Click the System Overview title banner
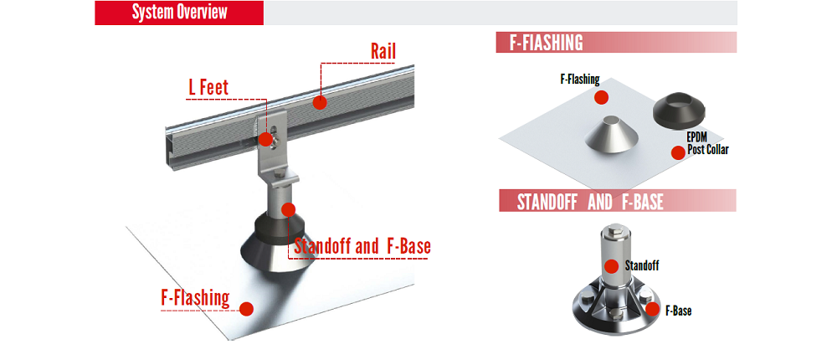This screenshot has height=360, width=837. coord(179,13)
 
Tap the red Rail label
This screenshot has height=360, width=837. coord(383,53)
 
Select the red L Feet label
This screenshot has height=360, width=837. coord(208,88)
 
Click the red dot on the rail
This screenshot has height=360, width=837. coord(319,102)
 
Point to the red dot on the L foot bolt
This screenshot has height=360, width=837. coord(266,140)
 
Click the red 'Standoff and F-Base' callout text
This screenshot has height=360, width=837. coord(362,247)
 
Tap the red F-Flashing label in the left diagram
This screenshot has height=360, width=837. coord(195,297)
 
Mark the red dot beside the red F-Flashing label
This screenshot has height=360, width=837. coord(246,309)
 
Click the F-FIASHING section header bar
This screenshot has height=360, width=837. coord(616,42)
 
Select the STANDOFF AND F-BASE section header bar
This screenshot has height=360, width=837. coord(618,202)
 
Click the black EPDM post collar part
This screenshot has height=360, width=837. coord(680,110)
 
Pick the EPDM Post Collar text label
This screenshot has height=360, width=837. coord(706,144)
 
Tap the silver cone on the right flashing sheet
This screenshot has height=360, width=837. coord(611,134)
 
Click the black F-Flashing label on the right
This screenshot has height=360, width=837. coord(580,80)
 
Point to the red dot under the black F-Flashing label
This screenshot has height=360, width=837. coord(602,97)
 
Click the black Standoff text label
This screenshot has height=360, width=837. coord(642,265)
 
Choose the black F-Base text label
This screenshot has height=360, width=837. coord(679,311)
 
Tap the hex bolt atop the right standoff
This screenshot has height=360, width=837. coord(612,231)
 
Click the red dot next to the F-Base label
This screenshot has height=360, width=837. coord(652,309)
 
